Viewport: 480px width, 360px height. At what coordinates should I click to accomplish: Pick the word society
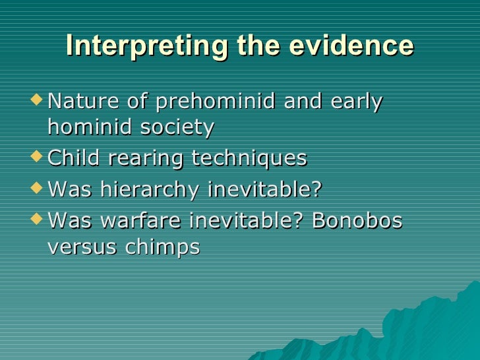pyautogui.click(x=175, y=127)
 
